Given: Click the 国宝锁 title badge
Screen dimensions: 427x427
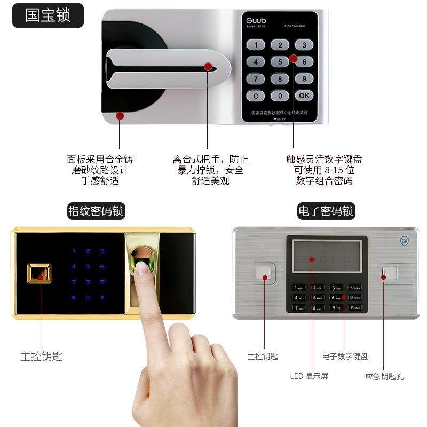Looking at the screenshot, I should click(48, 15).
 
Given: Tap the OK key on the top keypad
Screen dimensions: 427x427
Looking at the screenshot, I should click(304, 96).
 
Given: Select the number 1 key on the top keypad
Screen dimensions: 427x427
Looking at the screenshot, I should click(256, 45).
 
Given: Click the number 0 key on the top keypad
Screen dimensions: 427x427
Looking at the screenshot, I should click(280, 96).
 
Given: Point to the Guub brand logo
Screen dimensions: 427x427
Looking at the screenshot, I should click(256, 21).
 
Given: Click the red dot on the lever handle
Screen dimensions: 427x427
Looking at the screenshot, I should click(208, 67).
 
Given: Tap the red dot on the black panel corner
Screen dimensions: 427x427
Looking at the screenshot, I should click(120, 115).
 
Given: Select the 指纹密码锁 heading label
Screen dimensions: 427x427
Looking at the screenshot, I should click(96, 211).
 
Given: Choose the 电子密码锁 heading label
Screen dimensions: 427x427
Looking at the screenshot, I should click(326, 211).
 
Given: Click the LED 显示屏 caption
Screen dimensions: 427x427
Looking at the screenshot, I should click(309, 376).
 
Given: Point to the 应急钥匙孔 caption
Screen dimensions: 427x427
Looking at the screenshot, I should click(384, 376).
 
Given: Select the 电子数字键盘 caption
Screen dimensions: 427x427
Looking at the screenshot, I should click(345, 357).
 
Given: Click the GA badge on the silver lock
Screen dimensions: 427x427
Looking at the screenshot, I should click(404, 241).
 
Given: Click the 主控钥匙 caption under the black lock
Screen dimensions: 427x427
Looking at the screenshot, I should click(42, 357).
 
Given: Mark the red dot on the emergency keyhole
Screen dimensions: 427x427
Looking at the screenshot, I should click(383, 276).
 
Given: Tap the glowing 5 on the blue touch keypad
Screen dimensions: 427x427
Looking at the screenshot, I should click(88, 266).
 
